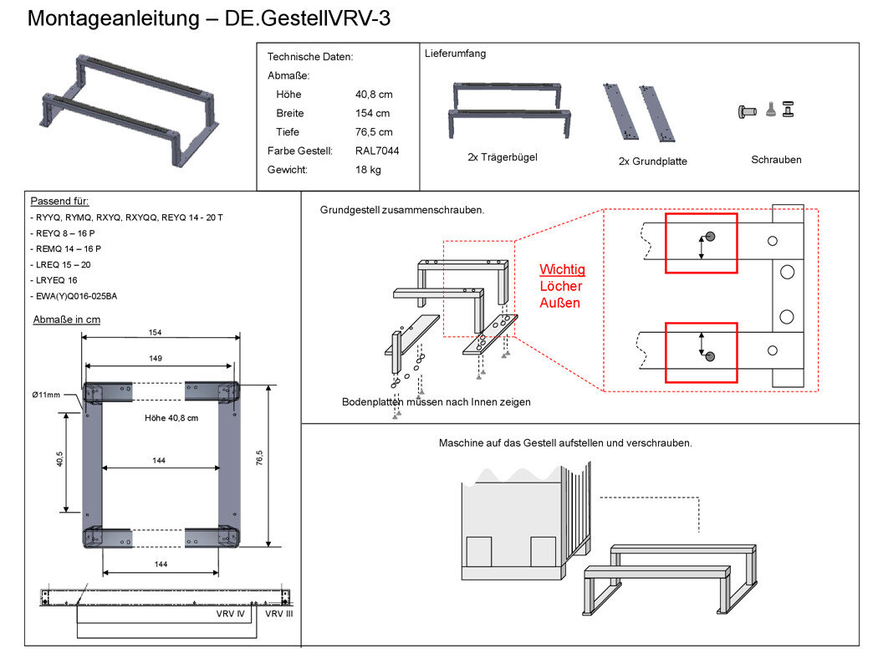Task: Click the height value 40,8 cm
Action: pos(374,94)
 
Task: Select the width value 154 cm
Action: pos(372,113)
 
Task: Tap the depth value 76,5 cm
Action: pos(374,132)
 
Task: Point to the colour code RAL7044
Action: pos(377,151)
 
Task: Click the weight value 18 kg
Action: pos(368,170)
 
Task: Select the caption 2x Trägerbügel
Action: pos(503,157)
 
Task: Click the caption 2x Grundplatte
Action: pos(653,161)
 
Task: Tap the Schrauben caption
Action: pos(776,160)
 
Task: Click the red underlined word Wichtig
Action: pos(562,269)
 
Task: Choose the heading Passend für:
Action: pos(59,201)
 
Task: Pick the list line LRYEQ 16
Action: pos(54,280)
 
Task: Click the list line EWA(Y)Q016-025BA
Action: pos(74,296)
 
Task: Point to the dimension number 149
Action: pos(156,358)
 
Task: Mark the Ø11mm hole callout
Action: pos(46,395)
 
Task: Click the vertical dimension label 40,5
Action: pos(60,459)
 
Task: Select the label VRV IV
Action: pos(231,614)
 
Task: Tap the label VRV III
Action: pos(278,614)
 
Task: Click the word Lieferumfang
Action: pos(455,54)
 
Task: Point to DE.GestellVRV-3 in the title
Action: pos(308,18)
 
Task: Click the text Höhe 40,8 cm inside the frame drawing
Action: pos(171,417)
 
